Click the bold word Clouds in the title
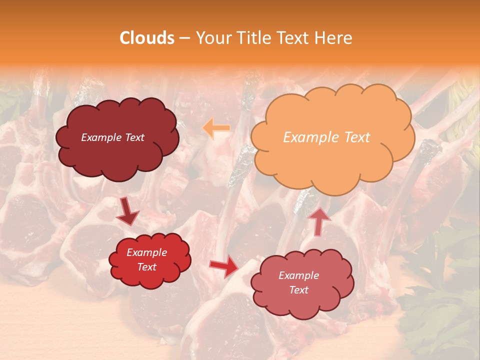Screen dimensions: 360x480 (147, 38)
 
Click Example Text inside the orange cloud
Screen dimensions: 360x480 (326, 137)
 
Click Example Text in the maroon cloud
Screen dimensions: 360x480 (112, 137)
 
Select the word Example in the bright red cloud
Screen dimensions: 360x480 (147, 252)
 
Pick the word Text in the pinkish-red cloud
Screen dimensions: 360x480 (298, 290)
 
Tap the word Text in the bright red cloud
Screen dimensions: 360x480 (147, 267)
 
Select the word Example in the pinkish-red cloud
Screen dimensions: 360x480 (298, 275)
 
